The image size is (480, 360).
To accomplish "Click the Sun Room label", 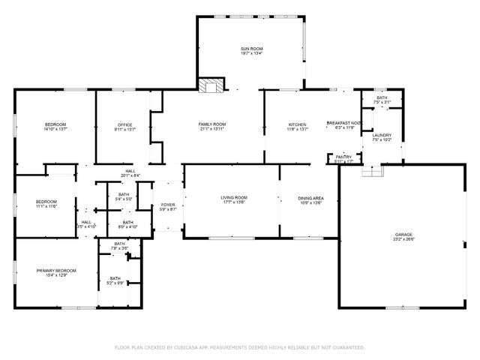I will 251,49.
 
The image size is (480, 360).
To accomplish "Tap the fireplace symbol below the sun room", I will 211,85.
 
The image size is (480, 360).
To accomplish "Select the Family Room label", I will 212,124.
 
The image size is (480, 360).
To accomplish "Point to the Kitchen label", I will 298,124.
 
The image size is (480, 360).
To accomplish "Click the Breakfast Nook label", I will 344,123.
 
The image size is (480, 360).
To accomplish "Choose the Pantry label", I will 343,156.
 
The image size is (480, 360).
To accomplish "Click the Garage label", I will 403,235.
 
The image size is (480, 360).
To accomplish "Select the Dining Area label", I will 310,198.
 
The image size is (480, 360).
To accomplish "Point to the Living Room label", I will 233,198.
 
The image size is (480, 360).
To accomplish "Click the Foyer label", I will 168,205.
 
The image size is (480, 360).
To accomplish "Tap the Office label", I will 124,124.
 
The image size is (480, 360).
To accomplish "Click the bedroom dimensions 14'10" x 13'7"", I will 56,129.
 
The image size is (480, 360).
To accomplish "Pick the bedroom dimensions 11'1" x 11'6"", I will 46,206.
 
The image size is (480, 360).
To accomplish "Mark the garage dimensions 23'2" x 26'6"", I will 403,240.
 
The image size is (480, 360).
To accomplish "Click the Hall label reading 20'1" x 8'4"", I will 130,175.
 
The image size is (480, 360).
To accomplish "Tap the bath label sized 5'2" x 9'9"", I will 115,283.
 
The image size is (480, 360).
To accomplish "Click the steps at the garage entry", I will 371,171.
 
